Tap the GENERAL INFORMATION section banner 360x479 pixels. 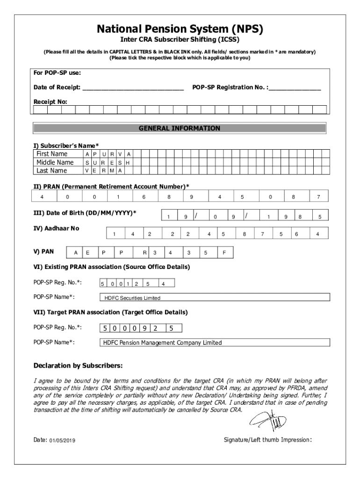click(180, 128)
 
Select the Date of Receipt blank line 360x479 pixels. click(133, 87)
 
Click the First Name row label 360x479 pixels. click(52, 154)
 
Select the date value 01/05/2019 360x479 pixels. click(62, 441)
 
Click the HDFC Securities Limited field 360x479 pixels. click(215, 298)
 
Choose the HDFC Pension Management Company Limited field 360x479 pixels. click(215, 343)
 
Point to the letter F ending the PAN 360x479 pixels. click(224, 253)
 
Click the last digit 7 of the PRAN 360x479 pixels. click(318, 197)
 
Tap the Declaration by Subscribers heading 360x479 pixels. click(78, 365)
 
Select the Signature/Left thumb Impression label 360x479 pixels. click(268, 440)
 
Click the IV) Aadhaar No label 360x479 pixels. click(56, 228)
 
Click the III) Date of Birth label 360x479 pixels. click(85, 213)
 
